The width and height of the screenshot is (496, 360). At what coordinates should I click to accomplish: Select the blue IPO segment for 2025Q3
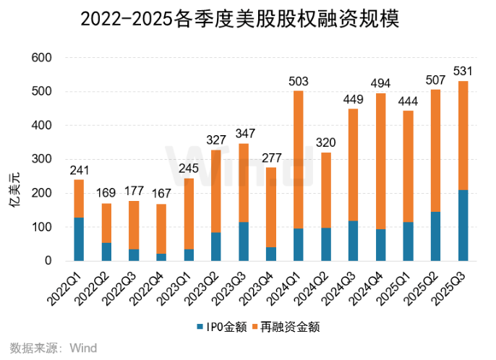(x=463, y=225)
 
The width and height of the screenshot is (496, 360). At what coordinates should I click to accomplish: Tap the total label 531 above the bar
(x=463, y=71)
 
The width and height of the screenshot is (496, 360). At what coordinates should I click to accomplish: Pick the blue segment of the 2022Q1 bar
(x=79, y=239)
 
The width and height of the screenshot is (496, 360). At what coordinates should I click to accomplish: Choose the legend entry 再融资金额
(x=285, y=327)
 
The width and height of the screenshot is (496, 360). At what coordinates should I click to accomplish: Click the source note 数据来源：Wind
(x=50, y=348)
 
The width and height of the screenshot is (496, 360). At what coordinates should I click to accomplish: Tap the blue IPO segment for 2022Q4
(x=161, y=257)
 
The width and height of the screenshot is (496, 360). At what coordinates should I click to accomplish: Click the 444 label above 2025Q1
(x=408, y=100)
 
